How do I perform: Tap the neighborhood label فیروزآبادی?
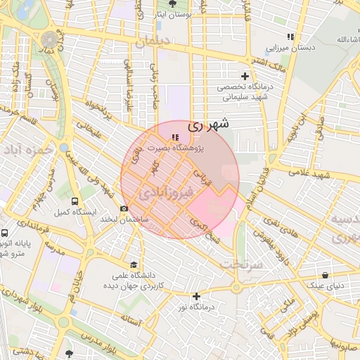coord(163,191)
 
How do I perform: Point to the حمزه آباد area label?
coord(27,150)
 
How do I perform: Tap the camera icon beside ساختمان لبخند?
coord(124,208)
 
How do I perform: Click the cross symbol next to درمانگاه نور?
coord(196,296)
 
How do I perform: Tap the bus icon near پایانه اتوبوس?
coord(5,233)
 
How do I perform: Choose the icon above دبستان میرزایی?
coord(290,37)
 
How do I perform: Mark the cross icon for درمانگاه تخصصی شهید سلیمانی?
coord(245,76)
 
